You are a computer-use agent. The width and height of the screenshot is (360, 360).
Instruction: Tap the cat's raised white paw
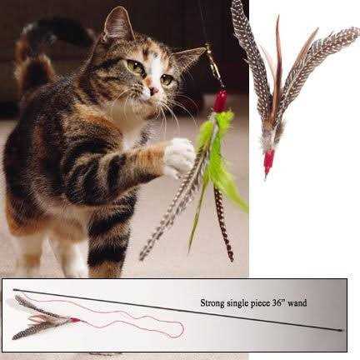click(178, 155)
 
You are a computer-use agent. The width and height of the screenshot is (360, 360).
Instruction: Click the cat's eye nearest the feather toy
click(167, 79)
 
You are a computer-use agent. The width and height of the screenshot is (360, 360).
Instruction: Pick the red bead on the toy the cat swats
click(221, 102)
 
